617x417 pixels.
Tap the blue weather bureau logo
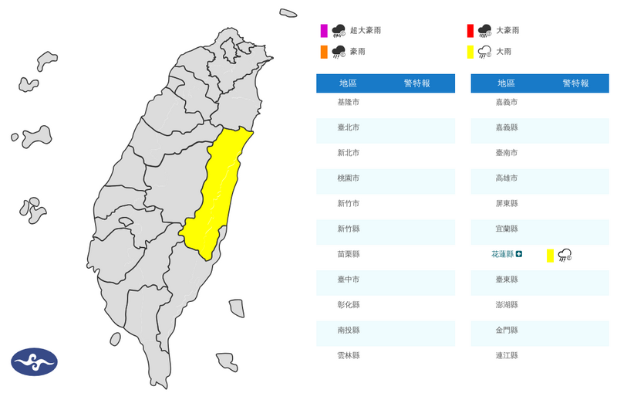coord(34,361)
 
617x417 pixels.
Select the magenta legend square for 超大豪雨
coord(324,31)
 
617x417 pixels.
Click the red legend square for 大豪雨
coord(470,31)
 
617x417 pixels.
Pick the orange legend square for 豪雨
coord(324,52)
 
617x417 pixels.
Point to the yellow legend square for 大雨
coord(470,52)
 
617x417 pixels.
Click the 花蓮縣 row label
coord(502,253)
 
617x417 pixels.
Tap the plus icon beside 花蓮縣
coord(520,254)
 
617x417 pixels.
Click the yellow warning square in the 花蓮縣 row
coord(550,255)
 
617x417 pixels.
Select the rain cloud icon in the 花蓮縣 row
coord(565,255)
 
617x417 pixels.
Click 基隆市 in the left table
coord(348,102)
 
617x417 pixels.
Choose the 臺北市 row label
coord(348,127)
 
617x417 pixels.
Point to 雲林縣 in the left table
coord(348,355)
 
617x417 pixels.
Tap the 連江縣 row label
coord(506,355)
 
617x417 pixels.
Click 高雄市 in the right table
coord(506,178)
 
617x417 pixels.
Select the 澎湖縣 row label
coord(506,304)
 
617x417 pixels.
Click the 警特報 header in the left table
coord(417,83)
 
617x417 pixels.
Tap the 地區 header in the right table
coord(506,83)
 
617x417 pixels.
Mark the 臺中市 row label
coord(348,279)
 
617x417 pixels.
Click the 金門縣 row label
coord(506,330)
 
